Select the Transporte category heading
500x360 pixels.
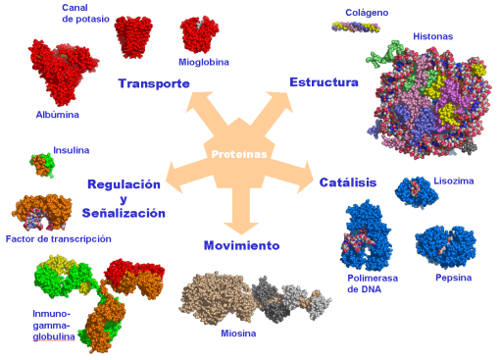(x=154, y=83)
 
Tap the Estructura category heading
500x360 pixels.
(x=324, y=81)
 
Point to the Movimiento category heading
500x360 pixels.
(x=242, y=245)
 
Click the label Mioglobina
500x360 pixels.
(x=204, y=62)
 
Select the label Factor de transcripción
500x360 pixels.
(x=58, y=238)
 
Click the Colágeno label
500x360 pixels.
(x=366, y=13)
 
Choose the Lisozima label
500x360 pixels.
(x=453, y=182)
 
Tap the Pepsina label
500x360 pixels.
(x=454, y=278)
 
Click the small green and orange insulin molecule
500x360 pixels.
(x=41, y=164)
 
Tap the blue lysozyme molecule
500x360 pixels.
(x=415, y=191)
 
